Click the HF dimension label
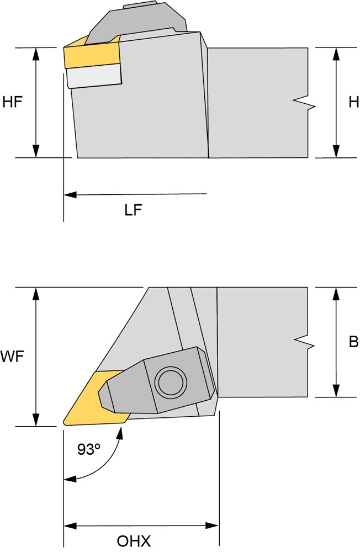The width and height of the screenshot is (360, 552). pos(12,102)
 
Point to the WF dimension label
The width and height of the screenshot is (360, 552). pos(12,357)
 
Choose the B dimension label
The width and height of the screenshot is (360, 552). pos(353,342)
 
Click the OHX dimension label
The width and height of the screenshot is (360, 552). pos(134,540)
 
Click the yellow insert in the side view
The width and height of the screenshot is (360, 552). pos(91,55)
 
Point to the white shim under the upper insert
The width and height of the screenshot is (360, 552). pos(94,76)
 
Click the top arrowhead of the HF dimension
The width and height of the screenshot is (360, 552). pos(36,53)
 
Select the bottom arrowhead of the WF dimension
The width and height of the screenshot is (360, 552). pos(36,421)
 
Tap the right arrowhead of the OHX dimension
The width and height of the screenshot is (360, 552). pos(215,526)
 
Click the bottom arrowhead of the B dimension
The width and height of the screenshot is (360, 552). pos(335,391)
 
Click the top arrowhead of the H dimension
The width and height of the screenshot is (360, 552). pos(336,53)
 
